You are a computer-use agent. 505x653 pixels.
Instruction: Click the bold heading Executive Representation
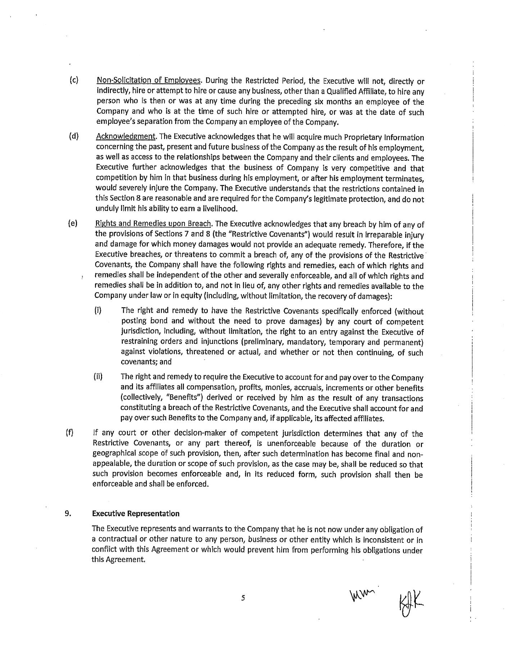click(136, 513)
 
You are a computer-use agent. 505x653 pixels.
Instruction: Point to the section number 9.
click(67, 513)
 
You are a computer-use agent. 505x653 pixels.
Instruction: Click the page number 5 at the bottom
click(243, 598)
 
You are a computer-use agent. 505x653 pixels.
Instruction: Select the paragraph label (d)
click(74, 137)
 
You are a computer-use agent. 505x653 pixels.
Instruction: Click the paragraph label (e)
click(73, 224)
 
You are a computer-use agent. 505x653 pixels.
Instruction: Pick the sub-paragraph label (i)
click(97, 310)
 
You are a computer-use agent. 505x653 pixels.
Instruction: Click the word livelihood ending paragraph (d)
click(220, 209)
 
